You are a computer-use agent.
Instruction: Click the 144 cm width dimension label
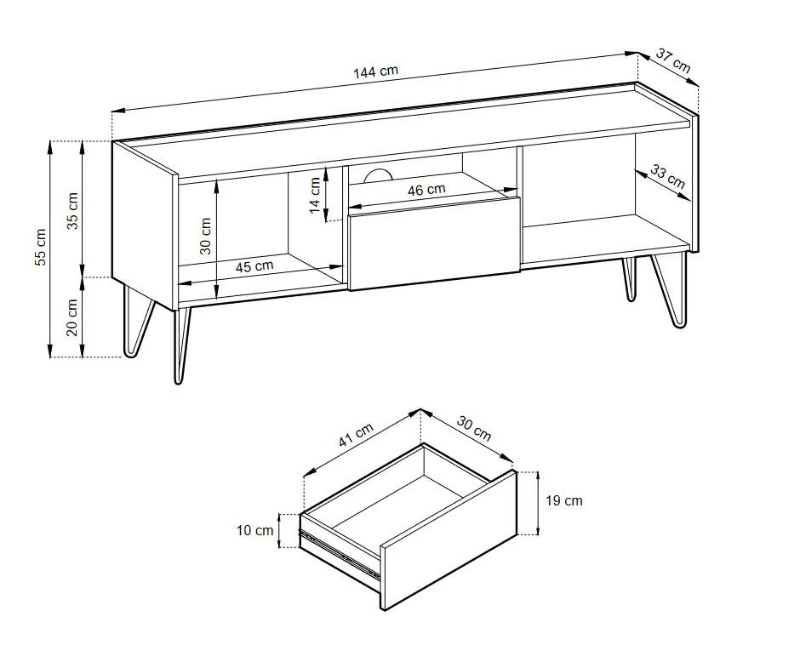tap(375, 71)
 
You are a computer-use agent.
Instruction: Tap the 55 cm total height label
tap(40, 248)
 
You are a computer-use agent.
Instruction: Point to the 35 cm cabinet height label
tap(72, 209)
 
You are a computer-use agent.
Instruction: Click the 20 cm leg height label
tap(72, 317)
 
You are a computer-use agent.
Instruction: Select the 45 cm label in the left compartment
tap(254, 266)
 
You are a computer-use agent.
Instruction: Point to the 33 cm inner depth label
tap(667, 176)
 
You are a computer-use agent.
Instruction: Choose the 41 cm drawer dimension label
tap(356, 436)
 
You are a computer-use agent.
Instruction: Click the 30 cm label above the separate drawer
tap(474, 428)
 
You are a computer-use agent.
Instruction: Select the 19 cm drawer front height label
tap(563, 500)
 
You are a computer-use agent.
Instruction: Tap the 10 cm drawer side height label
tap(254, 531)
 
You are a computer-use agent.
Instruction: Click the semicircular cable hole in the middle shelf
tap(376, 176)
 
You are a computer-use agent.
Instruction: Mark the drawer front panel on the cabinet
tap(432, 243)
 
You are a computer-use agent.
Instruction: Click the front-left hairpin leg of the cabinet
tap(180, 345)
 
